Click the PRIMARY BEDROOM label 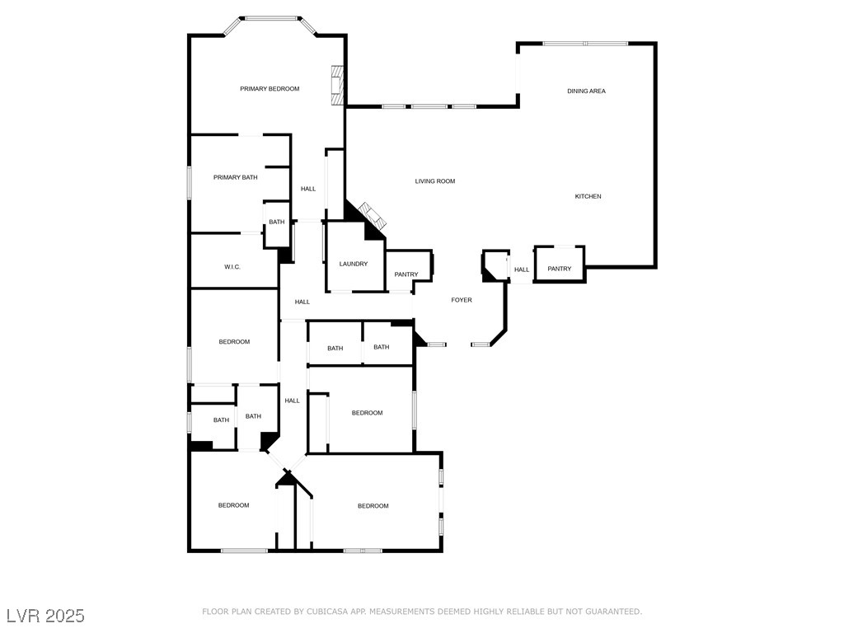coord(270,88)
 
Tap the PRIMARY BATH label coord(235,177)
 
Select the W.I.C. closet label coord(232,267)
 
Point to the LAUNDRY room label coord(354,264)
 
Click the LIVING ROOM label coord(434,181)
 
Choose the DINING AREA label coord(586,91)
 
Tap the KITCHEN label coord(588,196)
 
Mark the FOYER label coord(462,300)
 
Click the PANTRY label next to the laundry coord(406,274)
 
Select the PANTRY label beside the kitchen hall coord(560,269)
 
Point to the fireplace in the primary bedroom coord(335,85)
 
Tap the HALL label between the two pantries coord(522,270)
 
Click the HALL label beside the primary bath coord(308,189)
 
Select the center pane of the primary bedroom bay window coord(270,17)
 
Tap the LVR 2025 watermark coord(45,616)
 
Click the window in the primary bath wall coord(189,182)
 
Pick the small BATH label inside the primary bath coord(276,222)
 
